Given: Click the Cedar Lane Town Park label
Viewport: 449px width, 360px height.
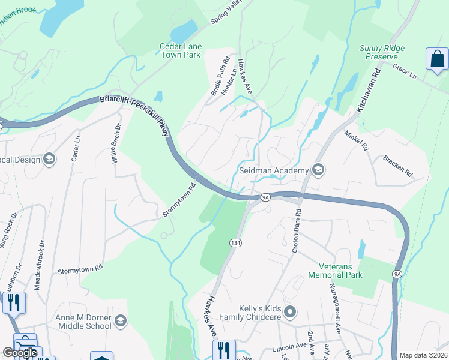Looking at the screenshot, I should pyautogui.click(x=181, y=50).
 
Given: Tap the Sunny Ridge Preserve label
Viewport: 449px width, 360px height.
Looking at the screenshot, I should pyautogui.click(x=382, y=53).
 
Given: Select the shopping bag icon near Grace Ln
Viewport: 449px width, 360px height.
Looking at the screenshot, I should pyautogui.click(x=437, y=59).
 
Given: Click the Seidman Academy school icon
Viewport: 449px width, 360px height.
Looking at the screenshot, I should pyautogui.click(x=318, y=170).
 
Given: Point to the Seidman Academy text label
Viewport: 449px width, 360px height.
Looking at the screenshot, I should pyautogui.click(x=273, y=170).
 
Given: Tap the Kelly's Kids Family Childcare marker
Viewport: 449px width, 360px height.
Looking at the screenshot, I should pyautogui.click(x=291, y=311).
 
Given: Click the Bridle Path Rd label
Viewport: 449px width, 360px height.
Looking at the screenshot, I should pyautogui.click(x=220, y=76).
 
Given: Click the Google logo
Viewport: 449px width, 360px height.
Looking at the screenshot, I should pyautogui.click(x=20, y=353).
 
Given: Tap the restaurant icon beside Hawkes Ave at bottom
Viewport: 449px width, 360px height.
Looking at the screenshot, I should pyautogui.click(x=224, y=350).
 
